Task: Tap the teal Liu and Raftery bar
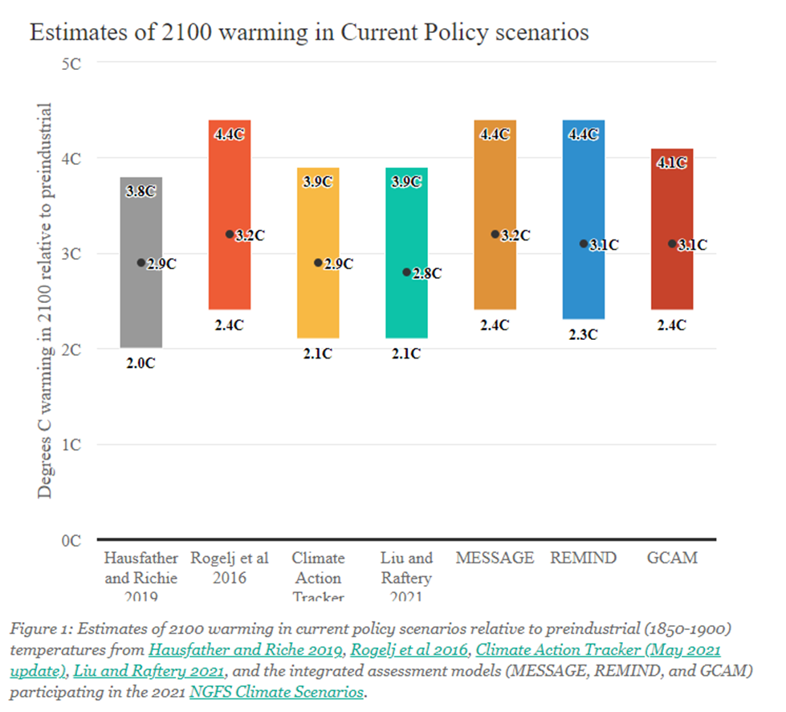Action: click(x=406, y=305)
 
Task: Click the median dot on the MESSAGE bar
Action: click(x=495, y=235)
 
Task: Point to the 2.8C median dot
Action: click(x=407, y=272)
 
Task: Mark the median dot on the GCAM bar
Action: click(x=672, y=243)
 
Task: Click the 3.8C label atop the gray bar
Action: click(x=141, y=191)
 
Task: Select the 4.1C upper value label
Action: click(x=671, y=162)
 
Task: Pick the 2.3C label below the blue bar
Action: click(x=583, y=335)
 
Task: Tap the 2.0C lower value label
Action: click(x=141, y=363)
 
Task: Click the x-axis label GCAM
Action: click(x=671, y=558)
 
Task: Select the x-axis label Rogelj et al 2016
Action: click(x=230, y=567)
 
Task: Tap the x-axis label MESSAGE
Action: click(x=495, y=558)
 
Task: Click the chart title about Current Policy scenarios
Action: click(x=309, y=32)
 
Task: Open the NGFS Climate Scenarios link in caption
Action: click(x=277, y=692)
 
